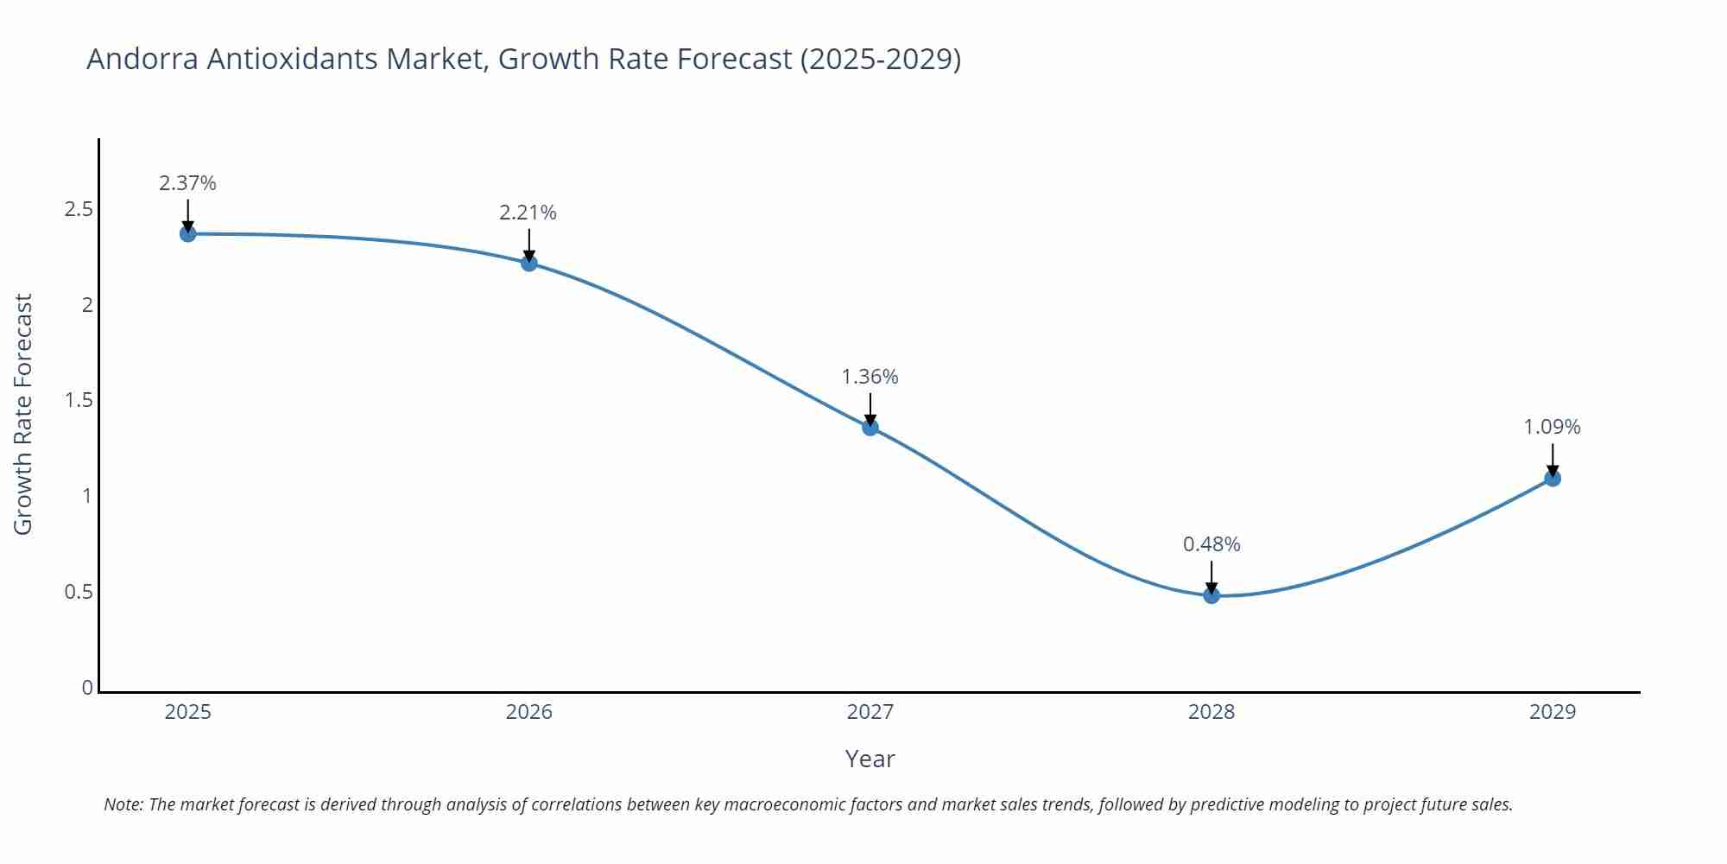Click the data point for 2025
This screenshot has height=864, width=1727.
click(x=187, y=233)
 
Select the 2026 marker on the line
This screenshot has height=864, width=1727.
click(x=529, y=263)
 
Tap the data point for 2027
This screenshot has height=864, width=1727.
click(x=870, y=427)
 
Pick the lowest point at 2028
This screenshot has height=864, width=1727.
click(x=1211, y=594)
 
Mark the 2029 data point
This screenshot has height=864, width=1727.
click(x=1553, y=478)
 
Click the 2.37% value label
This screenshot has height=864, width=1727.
click(x=187, y=183)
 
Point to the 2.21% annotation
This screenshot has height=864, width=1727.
click(x=528, y=213)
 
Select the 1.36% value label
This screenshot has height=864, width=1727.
click(x=870, y=377)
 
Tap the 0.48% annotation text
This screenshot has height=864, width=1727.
click(x=1211, y=544)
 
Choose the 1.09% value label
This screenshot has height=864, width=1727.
click(x=1552, y=427)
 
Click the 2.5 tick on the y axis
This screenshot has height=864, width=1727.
click(x=79, y=210)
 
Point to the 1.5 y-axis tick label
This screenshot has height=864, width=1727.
click(x=79, y=400)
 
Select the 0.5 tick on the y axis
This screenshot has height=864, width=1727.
click(x=79, y=592)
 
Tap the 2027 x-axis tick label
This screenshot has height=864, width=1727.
click(x=870, y=712)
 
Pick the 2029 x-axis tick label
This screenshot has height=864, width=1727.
click(x=1553, y=712)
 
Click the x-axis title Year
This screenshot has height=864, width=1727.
click(x=870, y=759)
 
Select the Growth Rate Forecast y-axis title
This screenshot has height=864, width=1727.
click(x=23, y=414)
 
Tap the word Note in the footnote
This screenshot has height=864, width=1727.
click(x=122, y=804)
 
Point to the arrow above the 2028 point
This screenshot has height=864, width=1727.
click(x=1211, y=576)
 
